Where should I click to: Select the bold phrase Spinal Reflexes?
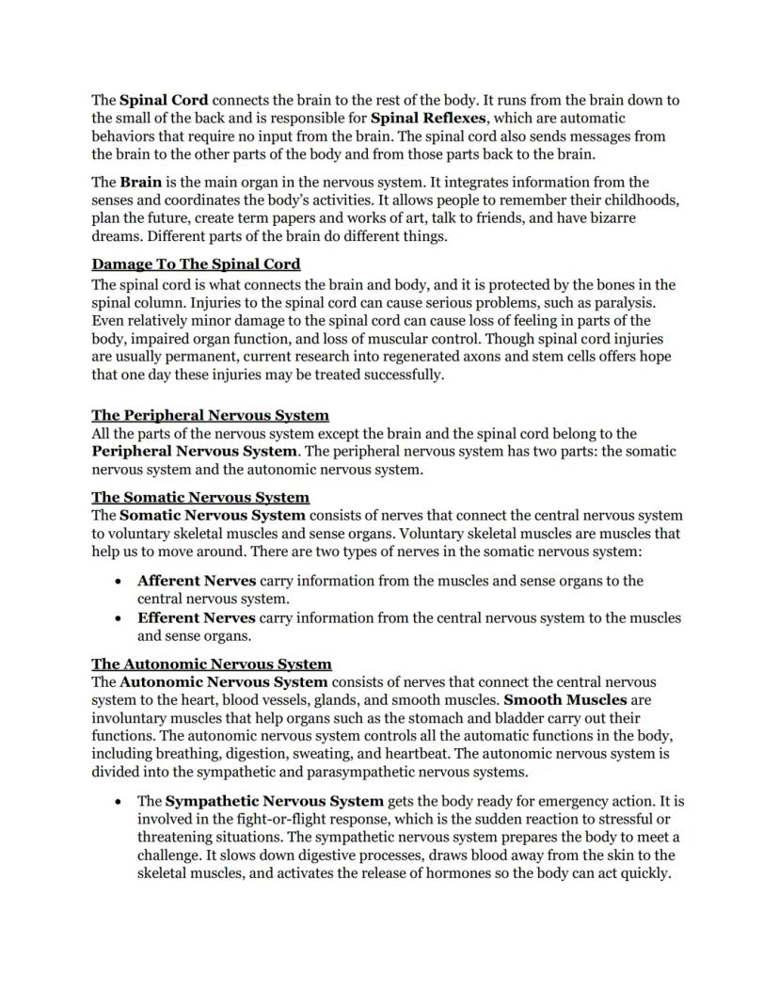point(430,118)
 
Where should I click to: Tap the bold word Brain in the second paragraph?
point(140,182)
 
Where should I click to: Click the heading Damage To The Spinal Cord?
point(196,264)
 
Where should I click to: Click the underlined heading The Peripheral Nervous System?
point(210,415)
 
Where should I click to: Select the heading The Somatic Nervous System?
point(200,497)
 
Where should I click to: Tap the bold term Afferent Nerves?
point(196,581)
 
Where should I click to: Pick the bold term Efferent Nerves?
point(196,617)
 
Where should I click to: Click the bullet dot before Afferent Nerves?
point(118,582)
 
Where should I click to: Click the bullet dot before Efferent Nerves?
point(118,618)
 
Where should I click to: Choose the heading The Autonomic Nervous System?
point(211,664)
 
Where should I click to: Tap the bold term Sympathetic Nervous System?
point(275,801)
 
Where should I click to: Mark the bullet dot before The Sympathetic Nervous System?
point(118,802)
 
